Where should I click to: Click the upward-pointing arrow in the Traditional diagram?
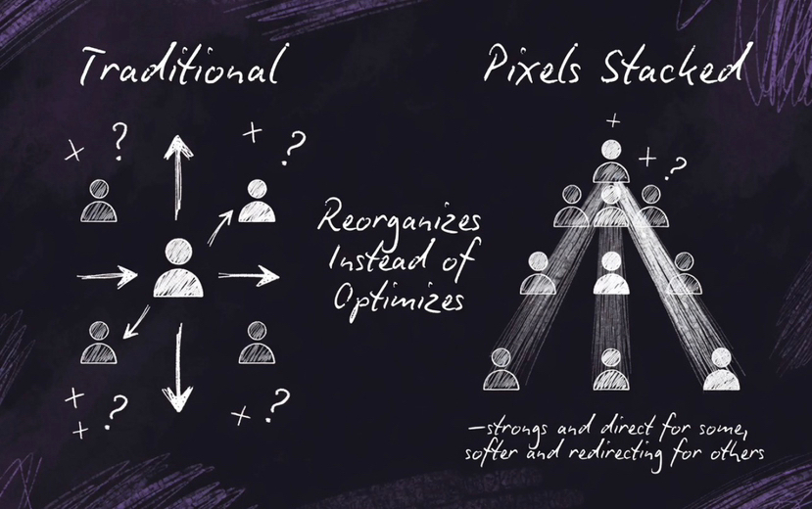(177, 176)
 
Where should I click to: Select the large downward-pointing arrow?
(178, 367)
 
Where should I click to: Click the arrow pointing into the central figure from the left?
(107, 276)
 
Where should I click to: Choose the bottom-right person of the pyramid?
(722, 369)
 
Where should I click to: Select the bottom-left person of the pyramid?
(501, 369)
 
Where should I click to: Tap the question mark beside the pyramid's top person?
(675, 167)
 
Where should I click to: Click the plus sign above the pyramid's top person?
(613, 121)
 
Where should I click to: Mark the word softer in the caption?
(489, 454)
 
